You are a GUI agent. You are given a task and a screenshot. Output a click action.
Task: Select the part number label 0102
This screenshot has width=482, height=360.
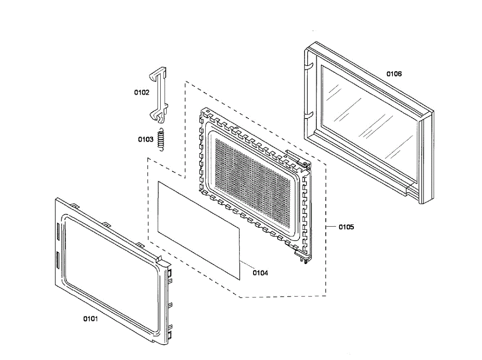pyautogui.click(x=141, y=92)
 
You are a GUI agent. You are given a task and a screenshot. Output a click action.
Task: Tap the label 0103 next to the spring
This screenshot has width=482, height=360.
pyautogui.click(x=146, y=139)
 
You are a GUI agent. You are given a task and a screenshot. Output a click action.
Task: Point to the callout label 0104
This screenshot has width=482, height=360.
pyautogui.click(x=260, y=273)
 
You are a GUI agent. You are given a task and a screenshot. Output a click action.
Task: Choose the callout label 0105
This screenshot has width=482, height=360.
pyautogui.click(x=346, y=227)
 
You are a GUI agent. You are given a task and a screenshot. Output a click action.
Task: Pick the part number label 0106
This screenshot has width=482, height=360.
pyautogui.click(x=394, y=74)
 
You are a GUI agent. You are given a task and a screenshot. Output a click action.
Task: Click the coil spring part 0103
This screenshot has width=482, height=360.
pyautogui.click(x=161, y=139)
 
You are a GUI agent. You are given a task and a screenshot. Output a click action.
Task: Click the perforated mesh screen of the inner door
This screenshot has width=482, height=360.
pyautogui.click(x=253, y=177)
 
